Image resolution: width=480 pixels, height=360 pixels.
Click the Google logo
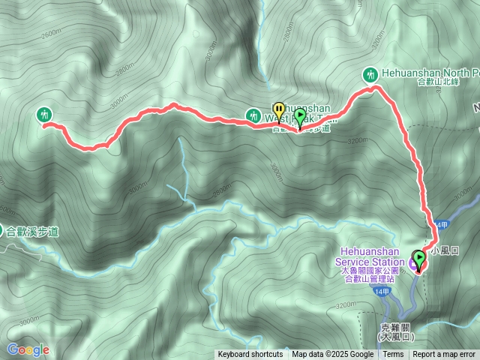(x=28, y=349)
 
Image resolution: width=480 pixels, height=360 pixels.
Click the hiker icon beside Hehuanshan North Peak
(x=370, y=73)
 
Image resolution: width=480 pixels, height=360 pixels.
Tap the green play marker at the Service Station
(x=418, y=259)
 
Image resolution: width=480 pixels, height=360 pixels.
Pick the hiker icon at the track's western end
(x=43, y=114)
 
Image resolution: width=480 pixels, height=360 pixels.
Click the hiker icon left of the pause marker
(x=253, y=115)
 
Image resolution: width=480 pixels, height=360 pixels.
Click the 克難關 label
(x=397, y=328)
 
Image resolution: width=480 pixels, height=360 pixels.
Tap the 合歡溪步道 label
(x=33, y=232)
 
